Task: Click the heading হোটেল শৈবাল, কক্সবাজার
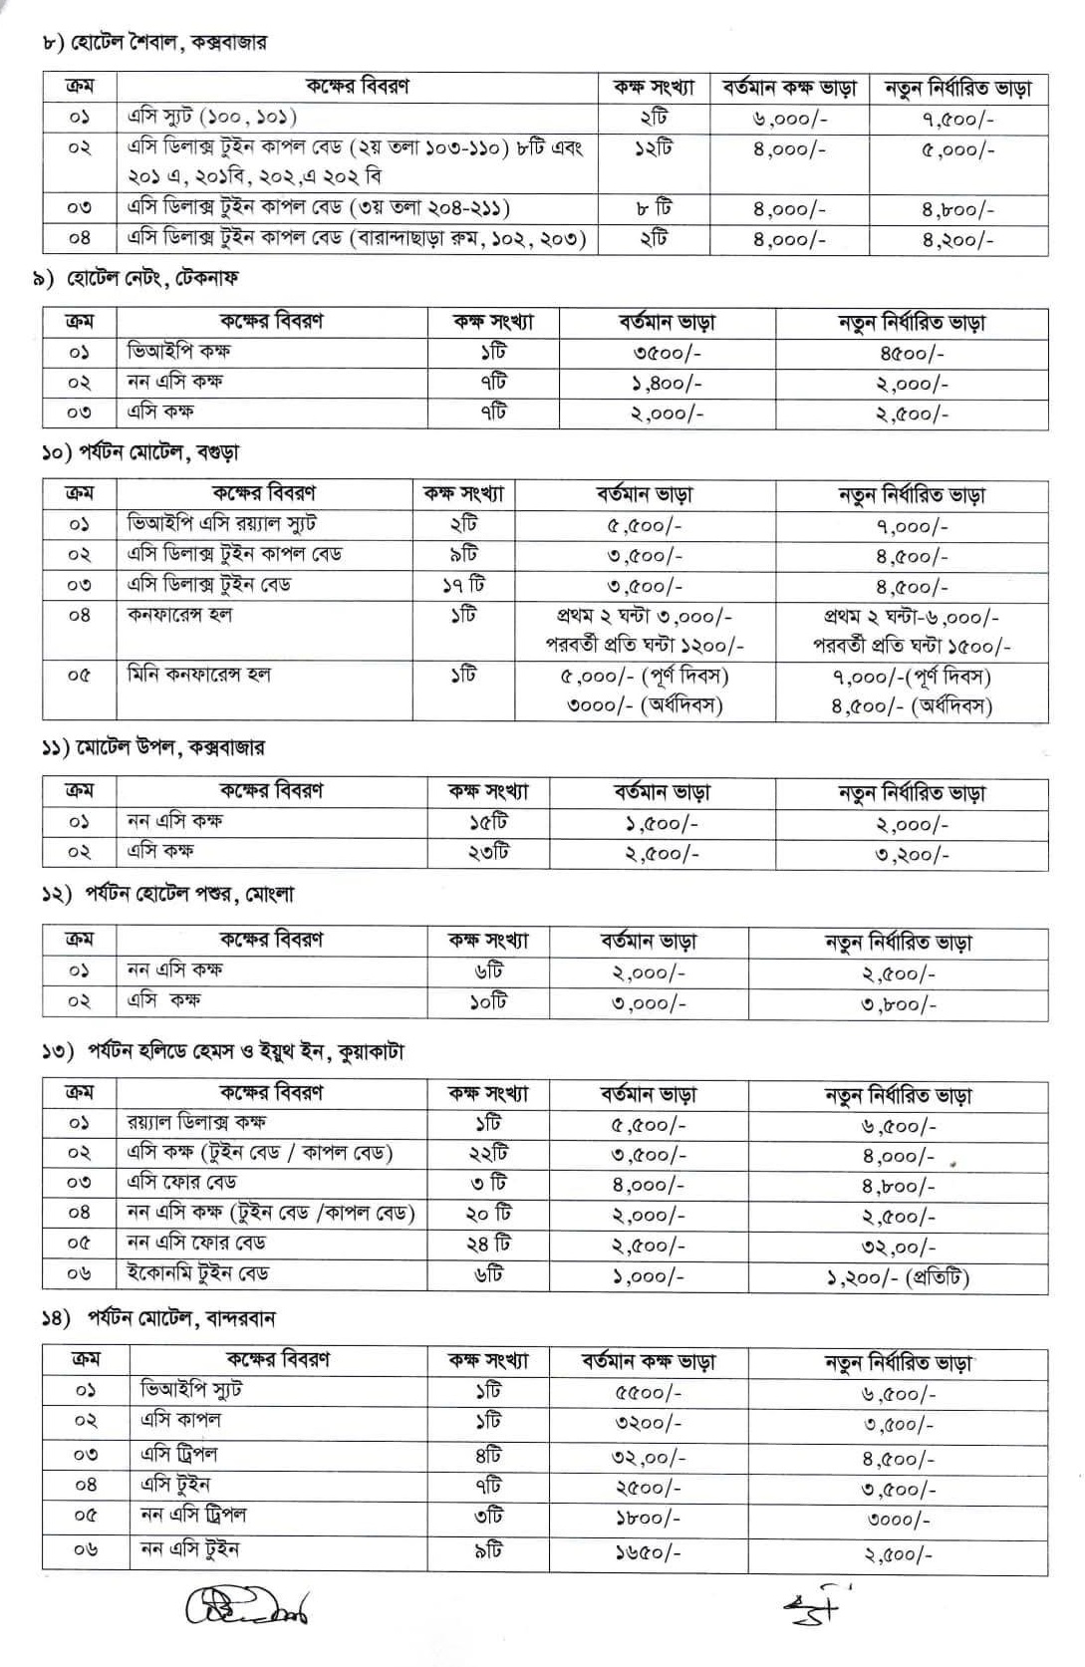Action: click(154, 43)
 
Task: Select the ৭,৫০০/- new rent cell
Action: click(956, 120)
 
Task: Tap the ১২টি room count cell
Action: click(654, 149)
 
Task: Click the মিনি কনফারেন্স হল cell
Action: click(199, 676)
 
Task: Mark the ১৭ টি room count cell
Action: click(463, 586)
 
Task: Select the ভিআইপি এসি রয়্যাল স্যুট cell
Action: click(221, 524)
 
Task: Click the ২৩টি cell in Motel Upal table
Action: click(488, 853)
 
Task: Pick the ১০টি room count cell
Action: click(488, 1001)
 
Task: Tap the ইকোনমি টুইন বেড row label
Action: click(198, 1273)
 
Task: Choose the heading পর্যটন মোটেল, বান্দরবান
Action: click(159, 1318)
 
